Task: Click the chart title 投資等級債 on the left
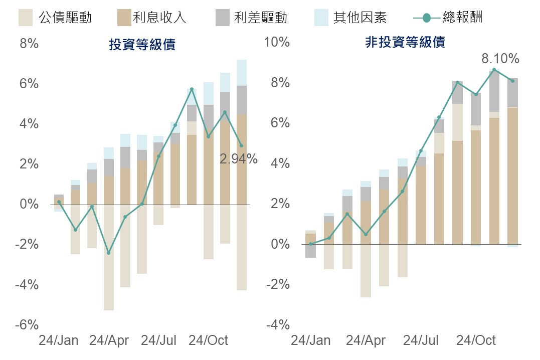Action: coord(142,45)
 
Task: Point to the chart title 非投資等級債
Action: coord(405,42)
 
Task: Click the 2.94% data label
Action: coord(238,159)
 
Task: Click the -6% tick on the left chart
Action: coord(28,325)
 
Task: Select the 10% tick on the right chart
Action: coord(277,42)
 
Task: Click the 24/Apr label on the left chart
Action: coord(109,341)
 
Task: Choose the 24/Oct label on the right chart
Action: coord(476,341)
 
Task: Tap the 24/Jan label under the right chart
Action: coord(310,341)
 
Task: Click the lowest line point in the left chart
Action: coord(108,253)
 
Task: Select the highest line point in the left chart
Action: coord(192,89)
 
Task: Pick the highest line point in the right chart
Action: coord(494,70)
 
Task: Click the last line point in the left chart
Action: coord(241,146)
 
